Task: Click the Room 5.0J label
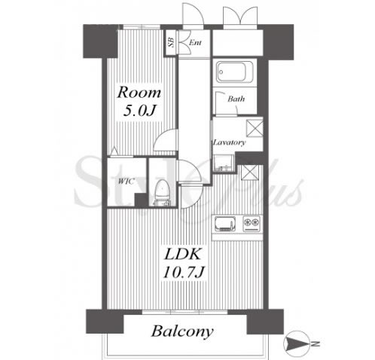pyautogui.click(x=139, y=102)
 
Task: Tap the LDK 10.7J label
pyautogui.click(x=184, y=263)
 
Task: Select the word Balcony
pyautogui.click(x=182, y=331)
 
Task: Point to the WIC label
pyautogui.click(x=127, y=181)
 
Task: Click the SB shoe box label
pyautogui.click(x=171, y=42)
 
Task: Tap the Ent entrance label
pyautogui.click(x=195, y=42)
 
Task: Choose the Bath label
pyautogui.click(x=236, y=99)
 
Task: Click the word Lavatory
pyautogui.click(x=229, y=142)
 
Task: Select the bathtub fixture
pyautogui.click(x=231, y=72)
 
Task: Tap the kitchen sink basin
pyautogui.click(x=225, y=224)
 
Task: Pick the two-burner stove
pyautogui.click(x=252, y=224)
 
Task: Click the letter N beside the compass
pyautogui.click(x=316, y=344)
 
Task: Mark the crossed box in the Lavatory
pyautogui.click(x=255, y=129)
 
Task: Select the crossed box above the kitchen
pyautogui.click(x=249, y=172)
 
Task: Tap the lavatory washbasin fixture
pyautogui.click(x=223, y=163)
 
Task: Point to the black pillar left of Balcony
pyautogui.click(x=105, y=322)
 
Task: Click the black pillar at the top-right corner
pyautogui.click(x=278, y=42)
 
